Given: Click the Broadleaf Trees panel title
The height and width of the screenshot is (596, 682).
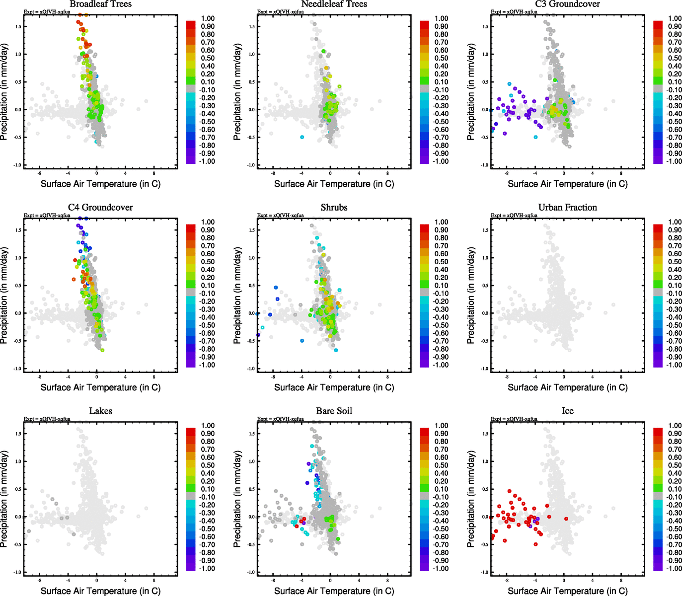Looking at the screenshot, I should click(100, 4).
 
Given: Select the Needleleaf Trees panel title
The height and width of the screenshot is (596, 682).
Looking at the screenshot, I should click(334, 4).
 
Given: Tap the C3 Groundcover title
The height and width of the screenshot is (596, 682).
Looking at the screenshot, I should click(567, 4).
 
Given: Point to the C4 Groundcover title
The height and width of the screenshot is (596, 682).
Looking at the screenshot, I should click(100, 207).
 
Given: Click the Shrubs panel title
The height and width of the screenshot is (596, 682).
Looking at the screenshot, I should click(334, 207).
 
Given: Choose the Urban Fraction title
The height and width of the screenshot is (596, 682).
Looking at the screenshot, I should click(567, 207).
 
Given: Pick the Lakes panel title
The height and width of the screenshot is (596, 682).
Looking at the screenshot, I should click(100, 411).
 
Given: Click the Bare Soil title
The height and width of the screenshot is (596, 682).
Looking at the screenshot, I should click(334, 411).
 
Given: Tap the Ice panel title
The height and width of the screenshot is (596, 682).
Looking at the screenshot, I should click(567, 411).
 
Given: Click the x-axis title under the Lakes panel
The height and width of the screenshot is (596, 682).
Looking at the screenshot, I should click(100, 591).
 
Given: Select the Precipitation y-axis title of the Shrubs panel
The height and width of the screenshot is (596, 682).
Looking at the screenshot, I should click(237, 295).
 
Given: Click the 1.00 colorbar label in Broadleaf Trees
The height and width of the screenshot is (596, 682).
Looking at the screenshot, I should click(208, 18).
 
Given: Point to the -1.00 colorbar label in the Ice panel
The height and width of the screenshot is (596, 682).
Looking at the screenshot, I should click(674, 568).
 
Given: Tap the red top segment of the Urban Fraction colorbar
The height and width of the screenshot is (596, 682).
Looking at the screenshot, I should click(658, 228).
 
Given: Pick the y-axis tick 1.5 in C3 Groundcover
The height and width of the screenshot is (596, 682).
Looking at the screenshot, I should click(485, 26).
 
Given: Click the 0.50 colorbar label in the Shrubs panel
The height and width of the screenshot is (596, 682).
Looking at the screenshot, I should click(441, 262).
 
